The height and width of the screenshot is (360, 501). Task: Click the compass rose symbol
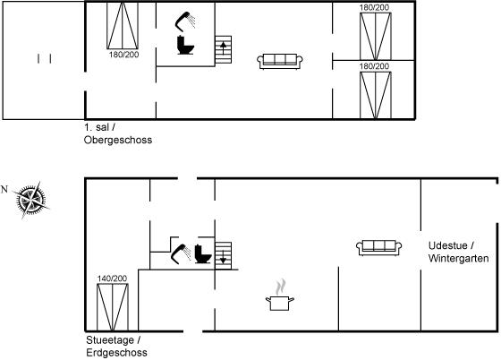(x=31, y=200)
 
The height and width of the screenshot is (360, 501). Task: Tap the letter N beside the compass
(x=4, y=190)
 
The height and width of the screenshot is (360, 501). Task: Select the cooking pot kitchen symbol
(x=280, y=296)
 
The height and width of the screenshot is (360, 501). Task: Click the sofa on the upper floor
(x=280, y=62)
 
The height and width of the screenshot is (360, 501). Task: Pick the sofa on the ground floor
(x=379, y=248)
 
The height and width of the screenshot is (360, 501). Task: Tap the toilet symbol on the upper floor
(x=185, y=45)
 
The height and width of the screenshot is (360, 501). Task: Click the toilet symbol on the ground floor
(x=203, y=254)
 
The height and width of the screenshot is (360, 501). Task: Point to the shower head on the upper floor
(x=185, y=21)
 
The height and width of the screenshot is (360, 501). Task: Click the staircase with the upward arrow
(x=223, y=49)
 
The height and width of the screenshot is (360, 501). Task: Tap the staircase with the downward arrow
(x=223, y=256)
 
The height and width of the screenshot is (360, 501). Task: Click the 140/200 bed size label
(x=112, y=279)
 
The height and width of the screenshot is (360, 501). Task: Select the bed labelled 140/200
(x=113, y=307)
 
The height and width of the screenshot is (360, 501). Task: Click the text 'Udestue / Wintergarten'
(x=458, y=252)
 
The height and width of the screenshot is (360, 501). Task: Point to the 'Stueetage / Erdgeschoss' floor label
(x=116, y=347)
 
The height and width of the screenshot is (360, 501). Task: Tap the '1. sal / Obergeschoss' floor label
(x=118, y=133)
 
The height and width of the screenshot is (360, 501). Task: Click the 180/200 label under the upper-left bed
(x=124, y=55)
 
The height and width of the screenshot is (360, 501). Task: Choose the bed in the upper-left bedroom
(x=123, y=26)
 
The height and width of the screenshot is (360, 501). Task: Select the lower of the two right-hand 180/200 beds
(x=376, y=95)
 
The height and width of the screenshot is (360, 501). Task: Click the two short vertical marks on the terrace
(x=45, y=59)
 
